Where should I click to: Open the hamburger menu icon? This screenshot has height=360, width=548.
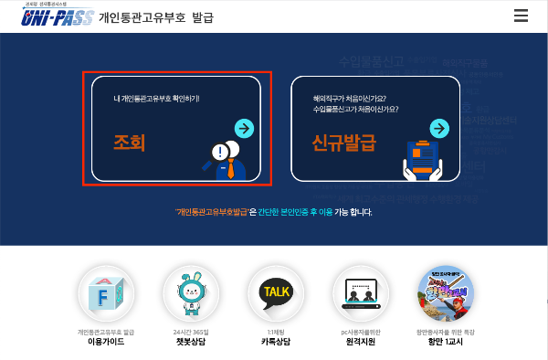[522, 16]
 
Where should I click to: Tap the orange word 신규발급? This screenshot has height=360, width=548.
[343, 143]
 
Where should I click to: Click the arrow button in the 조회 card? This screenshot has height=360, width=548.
[243, 127]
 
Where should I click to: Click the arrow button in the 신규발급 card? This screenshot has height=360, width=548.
[439, 127]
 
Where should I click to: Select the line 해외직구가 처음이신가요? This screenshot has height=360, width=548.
[347, 98]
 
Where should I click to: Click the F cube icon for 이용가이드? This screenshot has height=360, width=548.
[106, 294]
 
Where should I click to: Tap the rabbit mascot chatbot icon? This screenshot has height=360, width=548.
[191, 294]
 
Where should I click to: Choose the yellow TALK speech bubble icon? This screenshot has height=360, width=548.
[276, 293]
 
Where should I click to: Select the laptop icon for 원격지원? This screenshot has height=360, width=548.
[361, 294]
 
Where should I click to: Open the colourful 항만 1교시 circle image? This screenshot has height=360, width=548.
[446, 294]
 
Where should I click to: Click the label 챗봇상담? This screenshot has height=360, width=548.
[191, 342]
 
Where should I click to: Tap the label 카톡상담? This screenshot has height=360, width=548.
[276, 342]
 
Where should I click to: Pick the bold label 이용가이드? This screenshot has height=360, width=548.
[106, 342]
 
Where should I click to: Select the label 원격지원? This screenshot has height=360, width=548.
[361, 342]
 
